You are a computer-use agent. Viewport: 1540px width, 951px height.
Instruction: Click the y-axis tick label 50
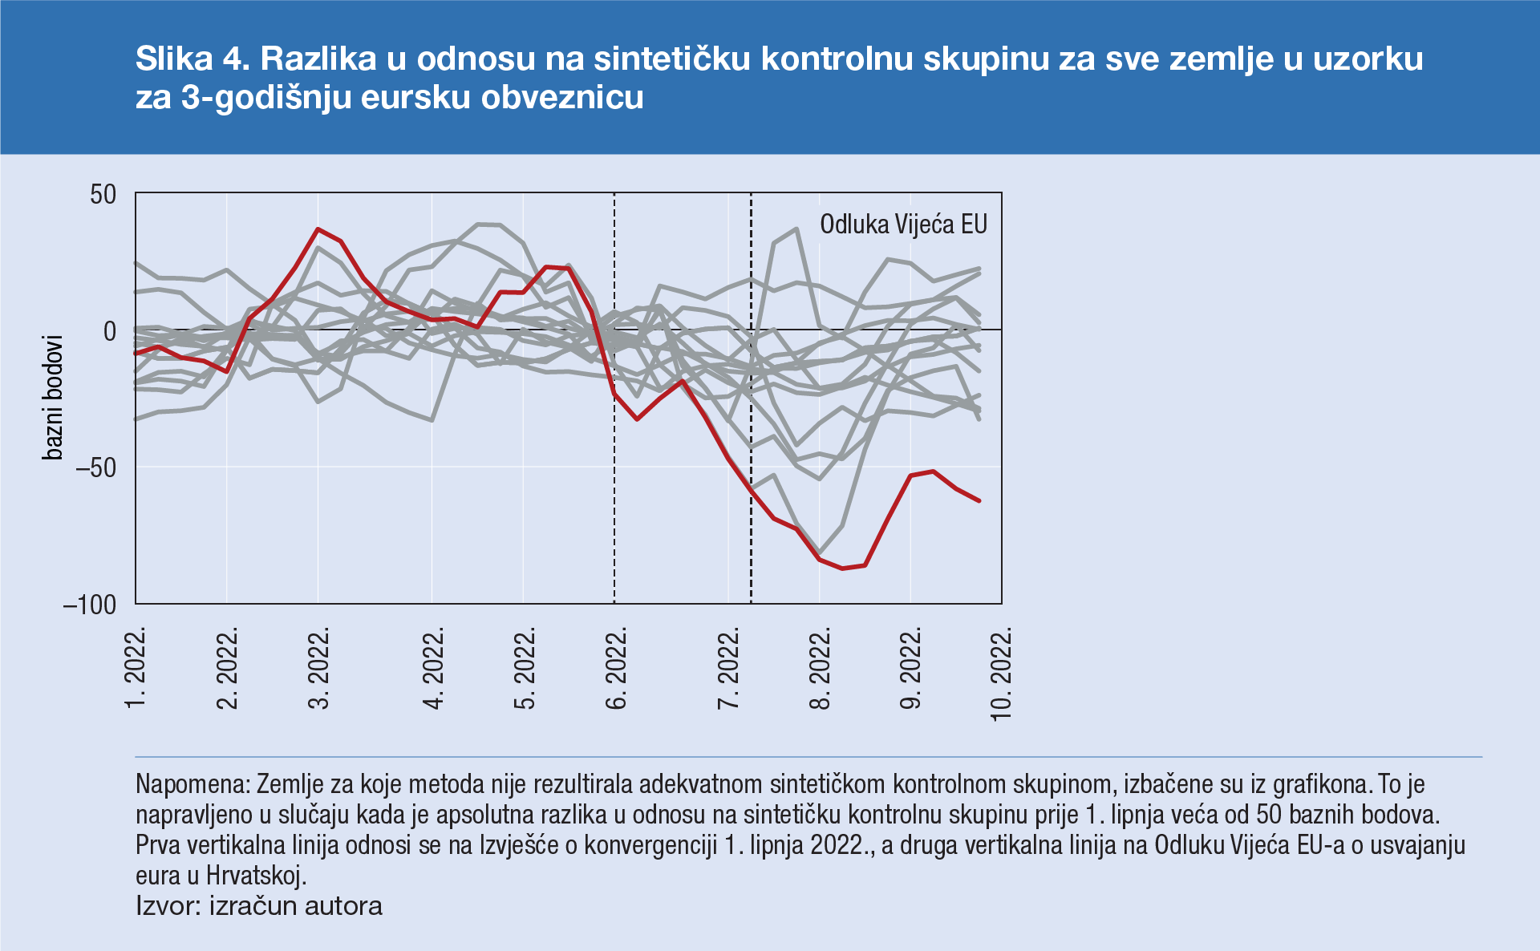tap(103, 195)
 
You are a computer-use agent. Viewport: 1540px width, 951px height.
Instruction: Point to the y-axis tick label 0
tap(110, 331)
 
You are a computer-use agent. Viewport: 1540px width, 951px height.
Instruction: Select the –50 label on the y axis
tap(95, 467)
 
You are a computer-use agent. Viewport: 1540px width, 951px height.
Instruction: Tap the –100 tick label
tap(90, 605)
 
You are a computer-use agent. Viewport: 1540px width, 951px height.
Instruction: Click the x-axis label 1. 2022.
tap(136, 668)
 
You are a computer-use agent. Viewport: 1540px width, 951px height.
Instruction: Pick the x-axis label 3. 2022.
tap(319, 668)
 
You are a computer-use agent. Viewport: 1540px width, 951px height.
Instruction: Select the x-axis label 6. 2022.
tap(615, 668)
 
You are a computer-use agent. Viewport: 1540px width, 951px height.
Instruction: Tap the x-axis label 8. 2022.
tap(820, 668)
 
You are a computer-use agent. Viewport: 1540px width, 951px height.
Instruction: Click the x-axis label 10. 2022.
tap(1002, 674)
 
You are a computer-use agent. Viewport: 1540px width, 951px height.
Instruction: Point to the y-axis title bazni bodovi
tap(53, 398)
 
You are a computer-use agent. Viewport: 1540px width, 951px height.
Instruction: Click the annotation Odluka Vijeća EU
tap(903, 225)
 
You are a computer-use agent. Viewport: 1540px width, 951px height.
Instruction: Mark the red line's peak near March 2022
tap(318, 229)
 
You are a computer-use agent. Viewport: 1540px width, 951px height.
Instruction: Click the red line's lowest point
tap(842, 568)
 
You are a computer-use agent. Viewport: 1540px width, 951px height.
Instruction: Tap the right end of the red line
tap(979, 500)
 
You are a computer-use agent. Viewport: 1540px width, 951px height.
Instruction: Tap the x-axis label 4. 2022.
tap(433, 668)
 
